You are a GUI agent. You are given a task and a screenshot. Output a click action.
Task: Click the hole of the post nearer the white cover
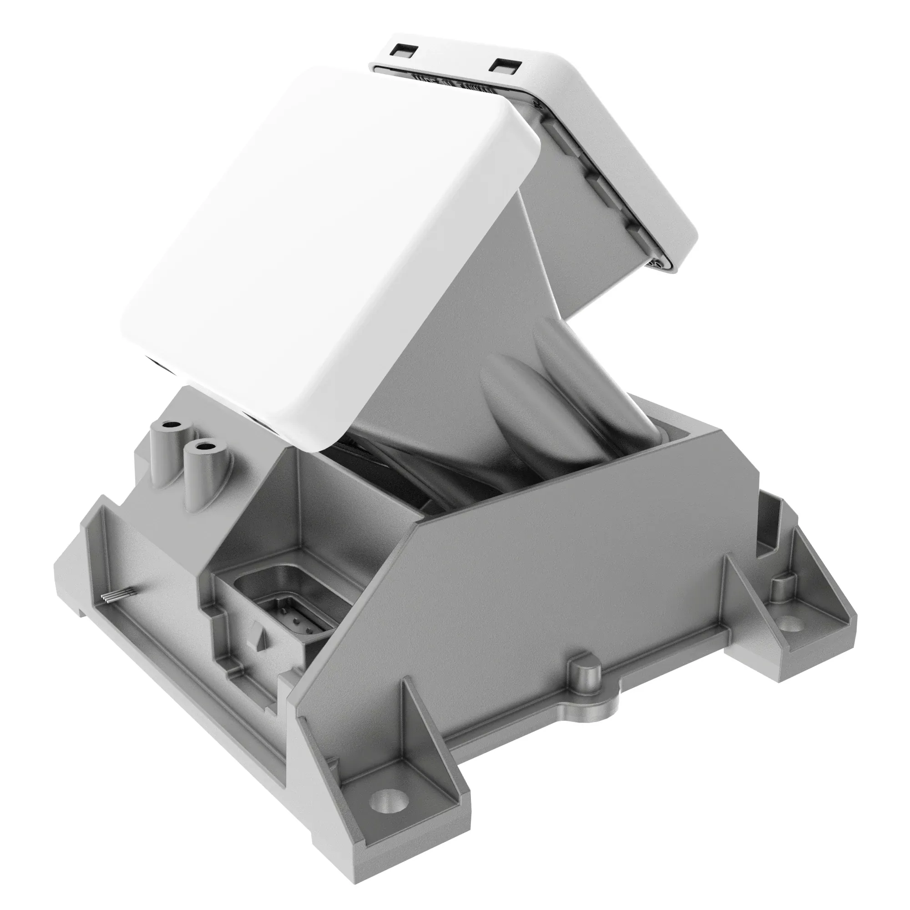(206, 445)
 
